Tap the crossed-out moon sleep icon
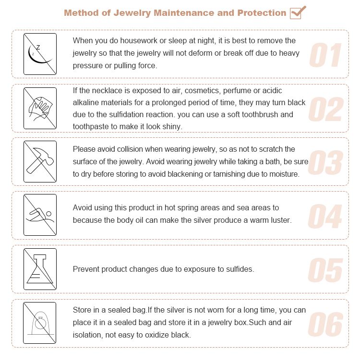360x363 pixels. click(40, 54)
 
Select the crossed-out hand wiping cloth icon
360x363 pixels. click(40, 108)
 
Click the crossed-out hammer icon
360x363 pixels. click(40, 161)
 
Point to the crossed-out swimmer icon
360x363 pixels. click(40, 215)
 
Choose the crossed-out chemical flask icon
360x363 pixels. click(40, 269)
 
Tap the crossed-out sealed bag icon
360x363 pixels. click(40, 323)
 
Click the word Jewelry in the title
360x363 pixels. click(132, 12)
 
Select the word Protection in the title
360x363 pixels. click(262, 12)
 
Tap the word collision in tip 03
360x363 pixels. click(127, 149)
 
